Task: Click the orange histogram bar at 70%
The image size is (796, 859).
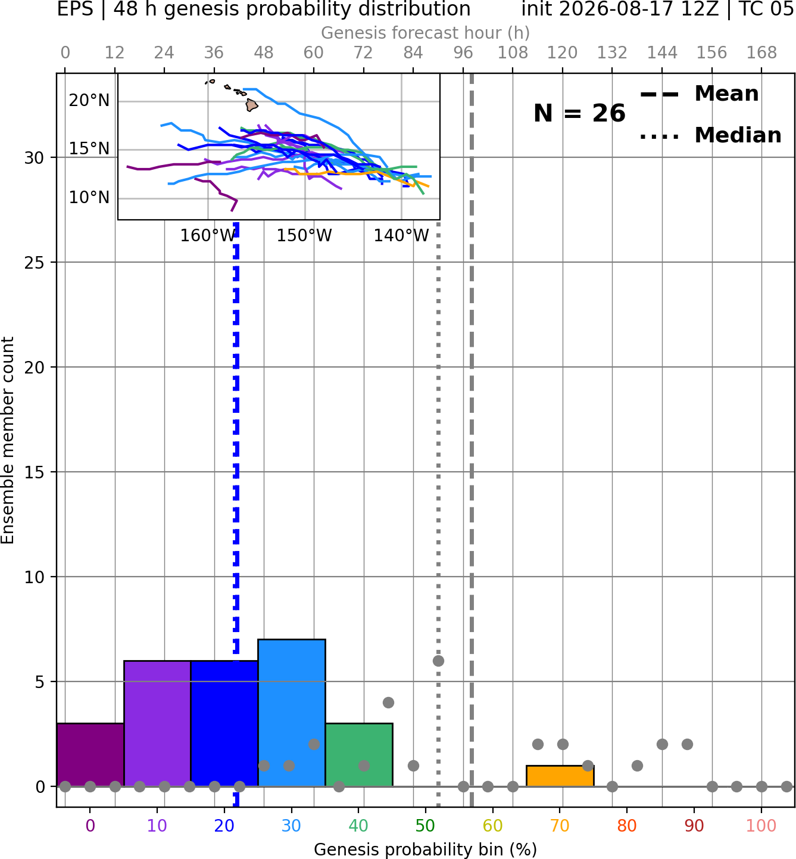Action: [560, 776]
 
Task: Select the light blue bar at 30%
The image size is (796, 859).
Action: [291, 712]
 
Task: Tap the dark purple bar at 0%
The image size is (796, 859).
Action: [90, 754]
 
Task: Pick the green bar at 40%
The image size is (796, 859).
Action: [359, 754]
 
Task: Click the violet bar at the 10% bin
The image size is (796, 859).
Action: [157, 723]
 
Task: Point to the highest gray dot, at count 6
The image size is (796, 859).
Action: [438, 661]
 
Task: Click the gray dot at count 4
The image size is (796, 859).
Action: [388, 702]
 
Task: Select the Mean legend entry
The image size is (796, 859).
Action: [699, 94]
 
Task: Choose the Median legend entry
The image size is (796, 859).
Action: [710, 135]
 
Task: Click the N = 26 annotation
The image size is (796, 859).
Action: [579, 113]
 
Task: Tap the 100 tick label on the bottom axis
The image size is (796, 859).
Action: [761, 826]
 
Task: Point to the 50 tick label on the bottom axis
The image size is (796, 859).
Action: [425, 826]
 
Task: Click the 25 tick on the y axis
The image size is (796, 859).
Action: [35, 263]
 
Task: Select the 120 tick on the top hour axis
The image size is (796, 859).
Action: [562, 53]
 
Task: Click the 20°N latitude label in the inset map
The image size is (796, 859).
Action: [89, 100]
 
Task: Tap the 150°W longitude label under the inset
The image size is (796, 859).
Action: [304, 236]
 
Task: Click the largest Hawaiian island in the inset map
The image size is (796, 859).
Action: [252, 105]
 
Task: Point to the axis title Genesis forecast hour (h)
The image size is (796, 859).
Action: [425, 33]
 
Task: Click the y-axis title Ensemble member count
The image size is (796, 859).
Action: [7, 440]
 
